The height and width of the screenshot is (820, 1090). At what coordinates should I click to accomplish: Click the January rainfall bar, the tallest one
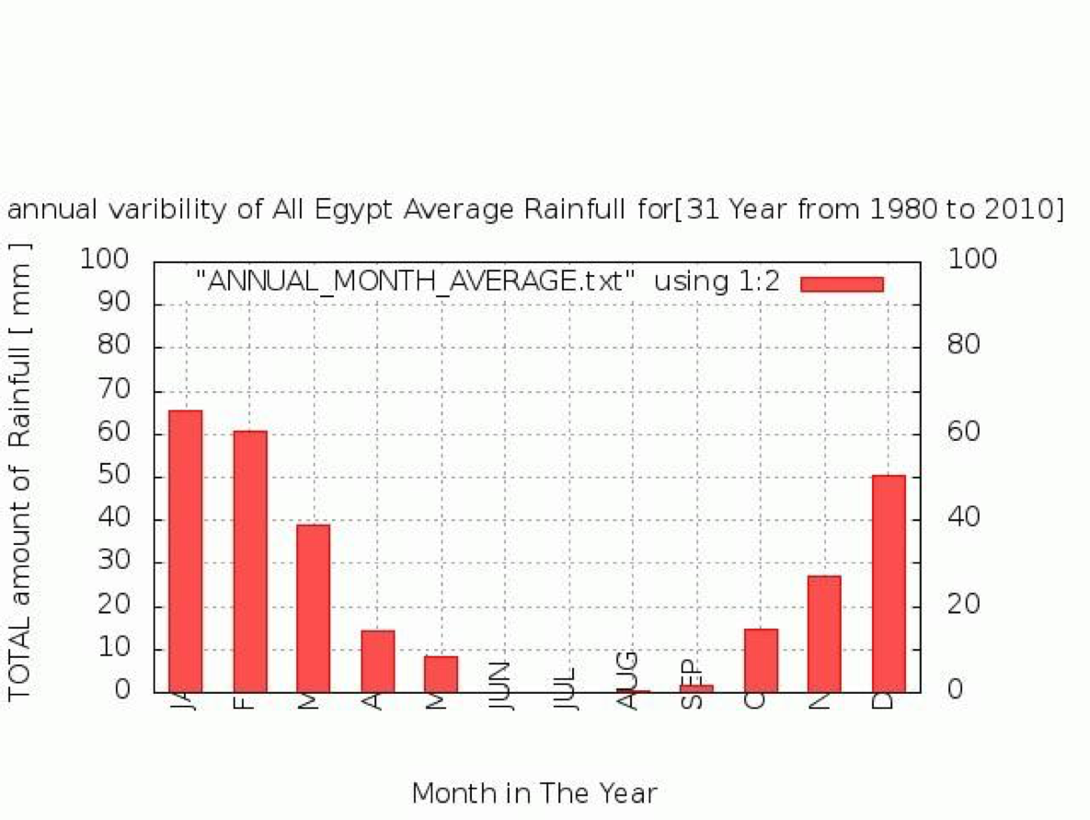pos(186,550)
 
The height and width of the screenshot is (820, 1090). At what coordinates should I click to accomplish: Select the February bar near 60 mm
pos(250,560)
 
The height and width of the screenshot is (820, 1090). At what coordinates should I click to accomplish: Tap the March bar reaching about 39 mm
pos(314,607)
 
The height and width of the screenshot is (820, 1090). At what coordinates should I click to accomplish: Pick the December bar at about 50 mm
pos(889,583)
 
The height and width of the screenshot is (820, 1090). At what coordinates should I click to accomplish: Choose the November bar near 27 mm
pos(824,633)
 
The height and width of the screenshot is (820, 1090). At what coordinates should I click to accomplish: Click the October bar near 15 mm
pos(761,660)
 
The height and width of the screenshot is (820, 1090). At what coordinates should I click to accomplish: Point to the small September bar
pos(696,688)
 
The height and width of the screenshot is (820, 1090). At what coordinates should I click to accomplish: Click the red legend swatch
pos(842,283)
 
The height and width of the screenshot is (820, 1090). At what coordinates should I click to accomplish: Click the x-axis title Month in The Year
pos(534,793)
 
